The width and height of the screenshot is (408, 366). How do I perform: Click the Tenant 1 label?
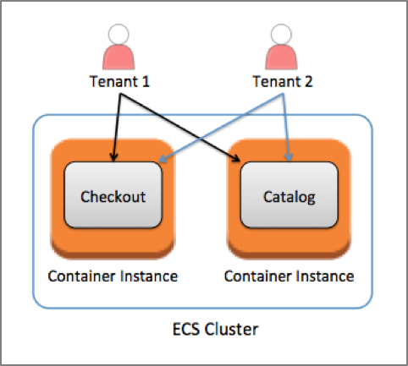pos(119,81)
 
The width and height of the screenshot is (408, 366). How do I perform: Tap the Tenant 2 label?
pos(283,81)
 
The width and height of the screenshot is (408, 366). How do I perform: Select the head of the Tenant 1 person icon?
pos(119,35)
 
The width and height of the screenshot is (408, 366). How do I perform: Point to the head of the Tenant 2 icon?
pos(281,35)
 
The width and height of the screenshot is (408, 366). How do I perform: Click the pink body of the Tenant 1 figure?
pos(119,57)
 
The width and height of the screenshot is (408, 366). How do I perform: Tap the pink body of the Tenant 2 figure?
pos(281,57)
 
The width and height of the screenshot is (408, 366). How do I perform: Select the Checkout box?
pos(113,194)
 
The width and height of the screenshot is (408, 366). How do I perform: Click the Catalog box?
pos(289,194)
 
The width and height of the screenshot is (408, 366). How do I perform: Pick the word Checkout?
pos(113,196)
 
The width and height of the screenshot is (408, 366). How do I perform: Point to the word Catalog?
pos(289,197)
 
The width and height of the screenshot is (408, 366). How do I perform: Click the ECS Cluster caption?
pos(215,329)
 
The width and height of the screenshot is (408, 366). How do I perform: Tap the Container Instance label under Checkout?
pos(113,276)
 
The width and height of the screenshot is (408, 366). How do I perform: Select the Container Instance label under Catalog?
pos(289,276)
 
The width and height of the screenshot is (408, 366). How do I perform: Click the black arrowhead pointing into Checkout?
pos(113,157)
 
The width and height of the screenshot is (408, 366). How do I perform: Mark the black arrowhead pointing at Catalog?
pos(236,158)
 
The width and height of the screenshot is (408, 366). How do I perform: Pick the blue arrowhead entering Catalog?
pos(289,157)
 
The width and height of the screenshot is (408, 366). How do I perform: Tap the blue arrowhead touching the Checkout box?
pos(163,159)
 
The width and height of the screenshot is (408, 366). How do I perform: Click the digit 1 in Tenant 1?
pos(146,81)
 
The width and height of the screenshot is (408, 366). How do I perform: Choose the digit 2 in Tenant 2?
pos(308,81)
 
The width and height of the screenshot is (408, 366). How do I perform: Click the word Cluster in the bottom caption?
pos(231,329)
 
